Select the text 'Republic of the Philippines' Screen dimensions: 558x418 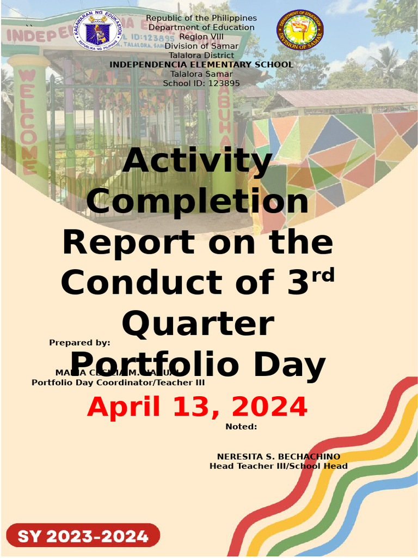[201, 19]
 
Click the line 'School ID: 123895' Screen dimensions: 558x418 [201, 83]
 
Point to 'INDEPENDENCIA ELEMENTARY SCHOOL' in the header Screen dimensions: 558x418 [201, 65]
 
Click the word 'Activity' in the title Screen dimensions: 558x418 [198, 161]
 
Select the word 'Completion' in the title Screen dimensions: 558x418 [198, 201]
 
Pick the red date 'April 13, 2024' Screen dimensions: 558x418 [197, 407]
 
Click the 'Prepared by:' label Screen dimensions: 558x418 [79, 343]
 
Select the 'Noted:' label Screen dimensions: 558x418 [241, 427]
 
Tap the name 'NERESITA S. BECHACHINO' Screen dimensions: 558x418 [279, 457]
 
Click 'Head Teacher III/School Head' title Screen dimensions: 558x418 [279, 466]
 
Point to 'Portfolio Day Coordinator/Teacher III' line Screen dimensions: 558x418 [118, 383]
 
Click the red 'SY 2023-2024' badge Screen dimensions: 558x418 [83, 536]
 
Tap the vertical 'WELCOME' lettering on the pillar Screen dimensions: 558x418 [28, 120]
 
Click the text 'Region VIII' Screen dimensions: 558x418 [201, 37]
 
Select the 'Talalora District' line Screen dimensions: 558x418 [201, 56]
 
